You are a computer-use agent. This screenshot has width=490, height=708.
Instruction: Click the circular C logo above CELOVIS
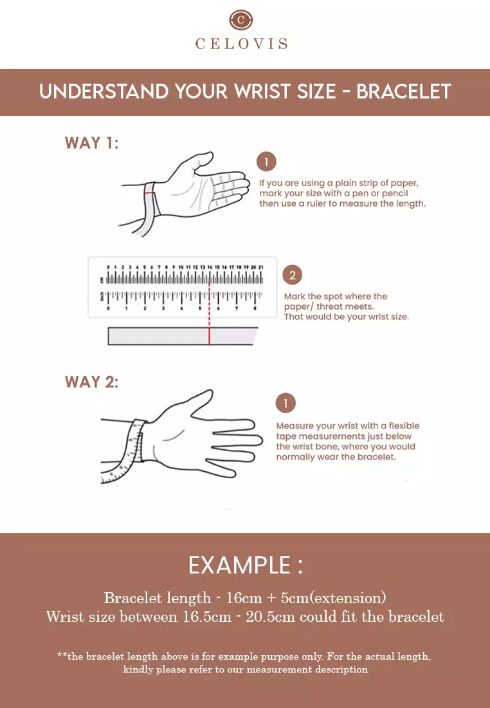click(x=241, y=19)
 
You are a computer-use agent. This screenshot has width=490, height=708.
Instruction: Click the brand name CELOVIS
click(x=241, y=44)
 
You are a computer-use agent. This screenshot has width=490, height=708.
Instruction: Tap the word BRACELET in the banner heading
click(x=403, y=91)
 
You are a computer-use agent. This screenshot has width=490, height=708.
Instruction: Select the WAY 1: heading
click(x=91, y=143)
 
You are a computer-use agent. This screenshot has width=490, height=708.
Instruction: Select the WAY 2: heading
click(x=91, y=382)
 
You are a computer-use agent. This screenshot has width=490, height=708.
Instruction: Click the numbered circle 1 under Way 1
click(x=266, y=162)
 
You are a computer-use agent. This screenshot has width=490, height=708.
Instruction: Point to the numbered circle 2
click(x=293, y=275)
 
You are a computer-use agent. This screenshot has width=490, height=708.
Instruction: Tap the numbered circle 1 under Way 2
click(x=286, y=403)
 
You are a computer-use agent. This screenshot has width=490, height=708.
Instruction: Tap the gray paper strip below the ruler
click(x=183, y=336)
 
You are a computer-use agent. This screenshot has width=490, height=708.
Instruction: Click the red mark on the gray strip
click(x=210, y=336)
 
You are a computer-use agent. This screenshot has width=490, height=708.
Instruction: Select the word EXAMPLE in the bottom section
click(x=239, y=565)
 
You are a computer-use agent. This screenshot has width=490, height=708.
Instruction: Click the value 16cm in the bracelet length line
click(x=244, y=598)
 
